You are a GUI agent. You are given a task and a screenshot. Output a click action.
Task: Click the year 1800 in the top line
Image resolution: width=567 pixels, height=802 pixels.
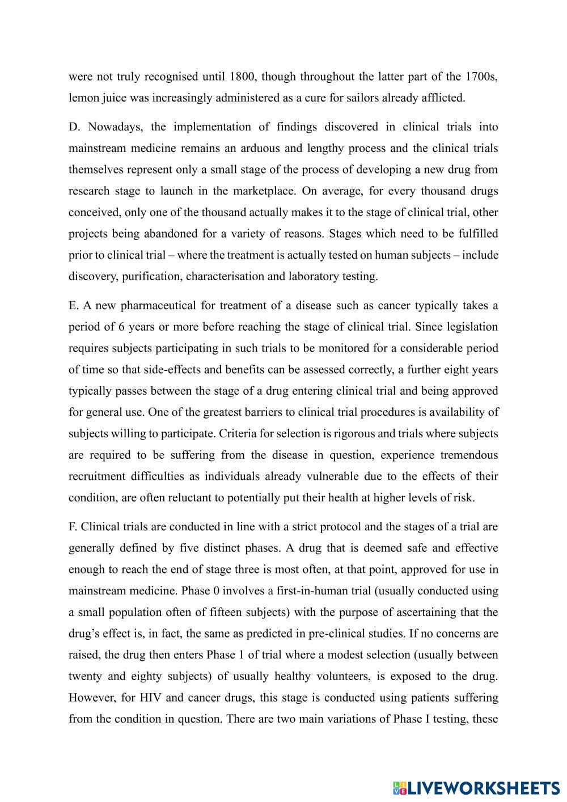[x=243, y=77]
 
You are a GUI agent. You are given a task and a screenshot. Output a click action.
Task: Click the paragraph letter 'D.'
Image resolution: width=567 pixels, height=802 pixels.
[x=75, y=127]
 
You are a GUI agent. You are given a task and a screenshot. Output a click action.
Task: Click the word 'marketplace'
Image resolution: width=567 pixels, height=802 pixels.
[x=265, y=191]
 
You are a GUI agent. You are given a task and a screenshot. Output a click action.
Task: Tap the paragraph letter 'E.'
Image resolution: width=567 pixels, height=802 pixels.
[x=74, y=306]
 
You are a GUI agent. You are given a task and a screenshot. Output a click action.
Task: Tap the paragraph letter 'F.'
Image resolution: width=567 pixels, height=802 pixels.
[x=73, y=527]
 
